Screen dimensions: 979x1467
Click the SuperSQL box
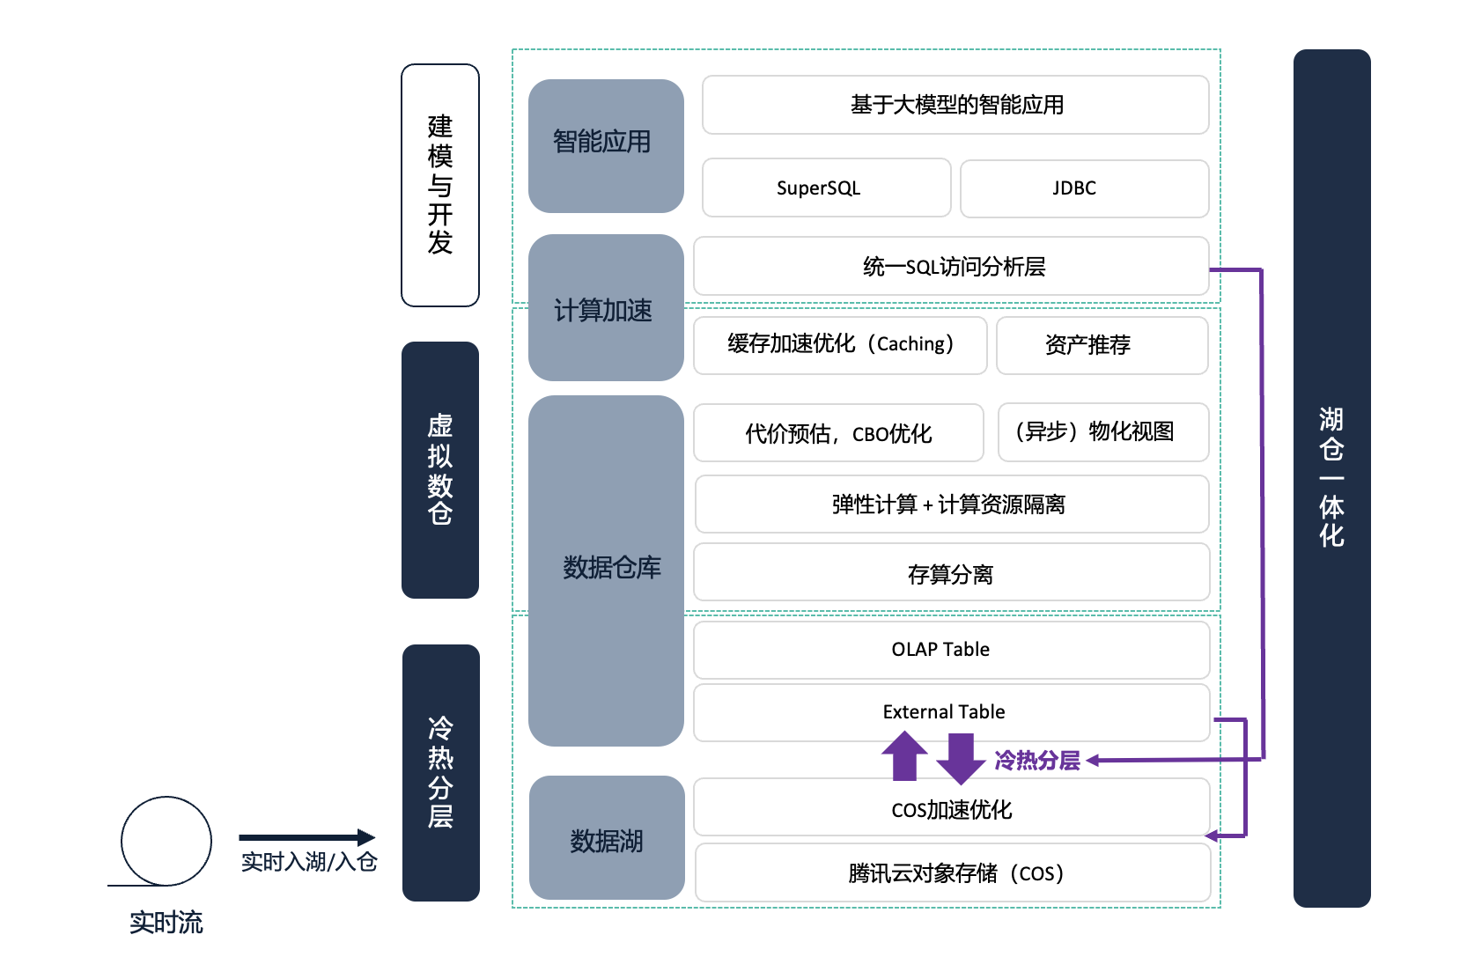pos(826,188)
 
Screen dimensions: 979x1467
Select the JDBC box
pos(1084,188)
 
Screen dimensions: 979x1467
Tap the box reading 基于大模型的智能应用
pos(955,106)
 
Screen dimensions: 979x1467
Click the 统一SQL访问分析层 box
pos(951,266)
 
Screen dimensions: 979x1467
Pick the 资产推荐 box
pos(1102,345)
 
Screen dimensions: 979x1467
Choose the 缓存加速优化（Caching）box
pos(840,345)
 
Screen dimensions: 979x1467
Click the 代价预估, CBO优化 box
pos(838,433)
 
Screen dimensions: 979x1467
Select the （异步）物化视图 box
pos(1102,432)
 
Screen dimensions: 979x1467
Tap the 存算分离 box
pos(951,573)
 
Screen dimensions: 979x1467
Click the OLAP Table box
pos(951,650)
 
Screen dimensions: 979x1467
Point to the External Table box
pos(951,711)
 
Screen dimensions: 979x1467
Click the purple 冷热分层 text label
pos(1037,761)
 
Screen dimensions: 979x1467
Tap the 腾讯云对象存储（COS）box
pos(953,873)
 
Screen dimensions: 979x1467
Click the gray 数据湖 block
pos(607,838)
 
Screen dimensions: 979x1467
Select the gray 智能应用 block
pos(606,146)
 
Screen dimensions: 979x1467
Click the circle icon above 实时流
pos(166,841)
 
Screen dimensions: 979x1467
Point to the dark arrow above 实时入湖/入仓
pos(306,837)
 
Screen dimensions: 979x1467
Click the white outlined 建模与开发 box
pos(440,185)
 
